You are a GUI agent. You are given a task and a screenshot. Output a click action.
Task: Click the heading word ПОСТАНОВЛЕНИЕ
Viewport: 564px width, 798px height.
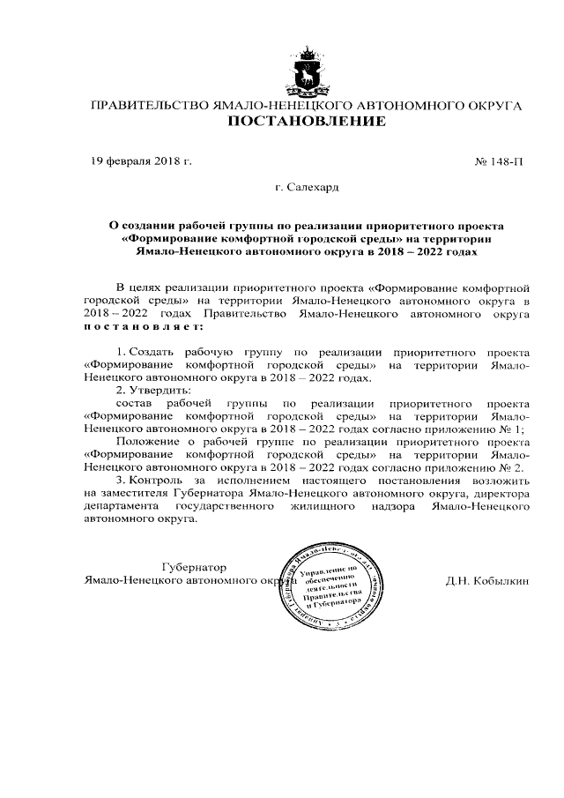pos(306,122)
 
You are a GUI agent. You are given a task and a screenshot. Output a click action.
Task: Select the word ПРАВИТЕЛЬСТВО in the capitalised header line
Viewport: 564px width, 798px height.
pos(145,106)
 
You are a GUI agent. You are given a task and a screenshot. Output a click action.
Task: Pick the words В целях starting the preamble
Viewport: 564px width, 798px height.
pos(137,287)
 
